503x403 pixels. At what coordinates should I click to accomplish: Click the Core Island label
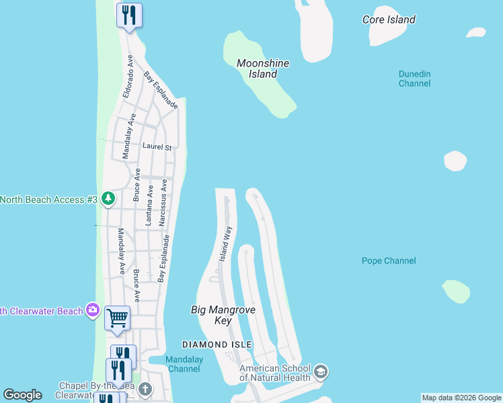(389, 19)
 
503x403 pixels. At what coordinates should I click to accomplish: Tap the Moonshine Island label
(263, 69)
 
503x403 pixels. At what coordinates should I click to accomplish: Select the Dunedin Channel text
(414, 79)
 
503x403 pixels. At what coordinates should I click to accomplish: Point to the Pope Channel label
(389, 261)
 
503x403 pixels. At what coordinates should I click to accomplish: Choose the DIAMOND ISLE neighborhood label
(217, 345)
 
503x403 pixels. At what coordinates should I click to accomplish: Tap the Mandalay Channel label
(184, 364)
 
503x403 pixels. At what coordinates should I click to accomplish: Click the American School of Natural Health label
(275, 373)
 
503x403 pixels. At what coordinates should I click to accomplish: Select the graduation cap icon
(321, 371)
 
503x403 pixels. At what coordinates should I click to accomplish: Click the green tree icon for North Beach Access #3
(108, 199)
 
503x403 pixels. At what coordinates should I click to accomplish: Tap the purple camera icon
(93, 310)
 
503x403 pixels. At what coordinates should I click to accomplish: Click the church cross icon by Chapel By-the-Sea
(145, 389)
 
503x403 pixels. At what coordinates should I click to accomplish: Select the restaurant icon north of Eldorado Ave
(129, 14)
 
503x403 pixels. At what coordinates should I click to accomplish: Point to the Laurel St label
(157, 146)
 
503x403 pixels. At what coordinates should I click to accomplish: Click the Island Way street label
(227, 244)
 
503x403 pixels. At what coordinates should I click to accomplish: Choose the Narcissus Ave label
(163, 202)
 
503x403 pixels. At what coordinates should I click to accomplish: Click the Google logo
(22, 395)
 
